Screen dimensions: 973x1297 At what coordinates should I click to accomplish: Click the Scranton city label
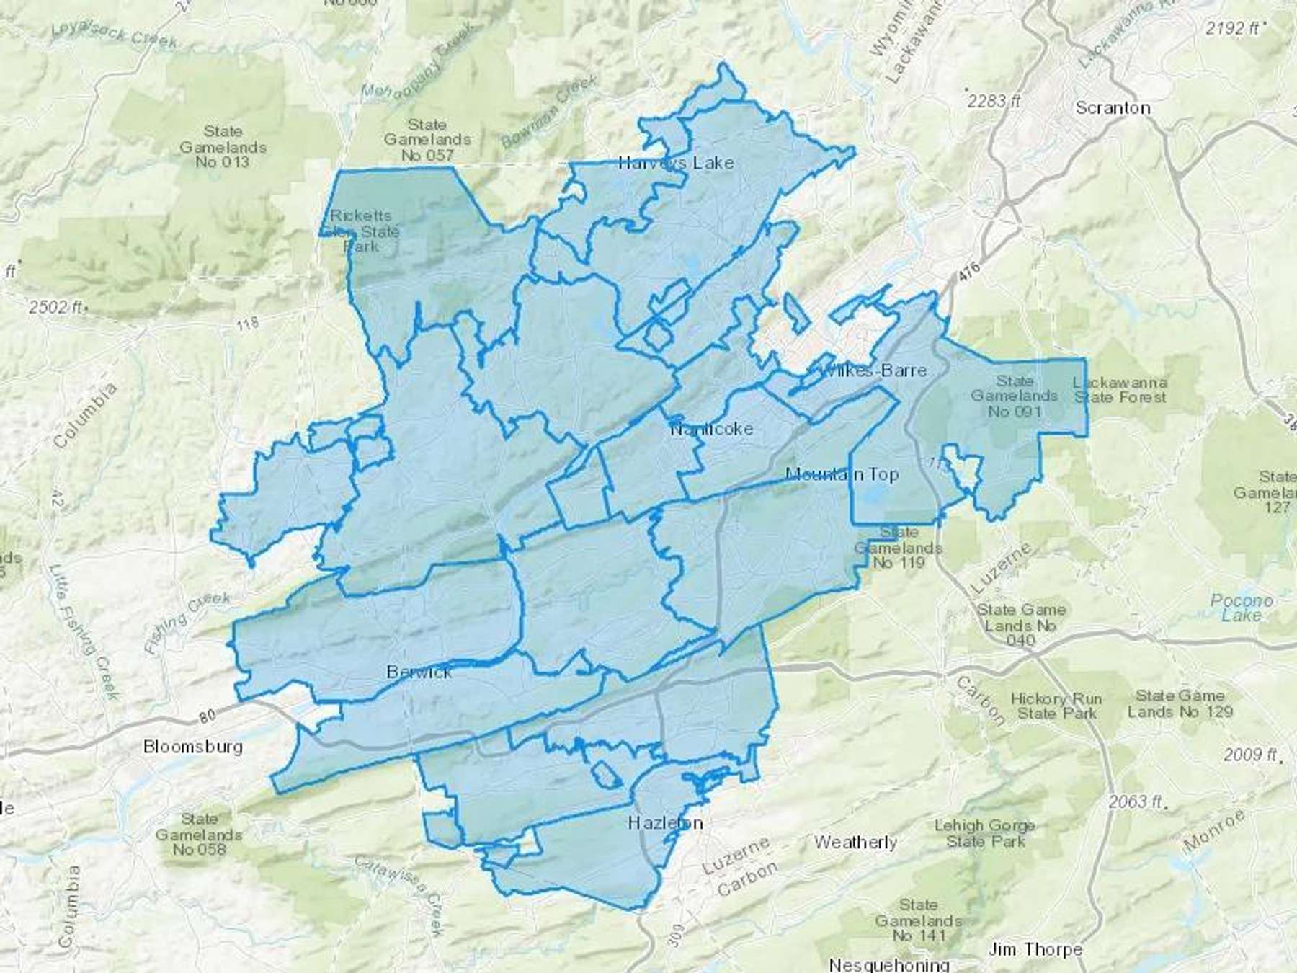point(1113,108)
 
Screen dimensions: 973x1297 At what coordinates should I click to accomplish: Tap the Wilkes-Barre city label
point(873,370)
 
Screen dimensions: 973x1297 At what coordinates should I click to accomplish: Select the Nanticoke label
point(711,429)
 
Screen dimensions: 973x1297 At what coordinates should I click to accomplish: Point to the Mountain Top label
point(842,474)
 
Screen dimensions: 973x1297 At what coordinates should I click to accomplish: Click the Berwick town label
point(419,672)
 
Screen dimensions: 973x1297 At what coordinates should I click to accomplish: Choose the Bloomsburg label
point(193,746)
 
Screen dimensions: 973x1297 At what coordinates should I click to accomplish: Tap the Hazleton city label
point(665,822)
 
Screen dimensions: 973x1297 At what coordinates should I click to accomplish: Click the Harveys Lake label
point(676,163)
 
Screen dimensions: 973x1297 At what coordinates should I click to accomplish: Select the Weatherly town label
point(855,842)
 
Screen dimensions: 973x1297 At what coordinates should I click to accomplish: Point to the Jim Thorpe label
point(1035,949)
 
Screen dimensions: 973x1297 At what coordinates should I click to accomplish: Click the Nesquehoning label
point(888,964)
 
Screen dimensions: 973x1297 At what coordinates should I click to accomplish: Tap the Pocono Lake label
point(1242,608)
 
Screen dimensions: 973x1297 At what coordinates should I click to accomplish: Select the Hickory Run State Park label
point(1056,706)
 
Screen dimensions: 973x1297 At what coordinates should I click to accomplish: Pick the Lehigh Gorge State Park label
point(984,833)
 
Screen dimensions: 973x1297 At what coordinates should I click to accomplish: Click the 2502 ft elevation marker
point(56,307)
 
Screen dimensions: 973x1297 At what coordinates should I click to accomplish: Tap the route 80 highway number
point(208,717)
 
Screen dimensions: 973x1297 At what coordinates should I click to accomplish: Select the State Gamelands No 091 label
point(1014,396)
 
